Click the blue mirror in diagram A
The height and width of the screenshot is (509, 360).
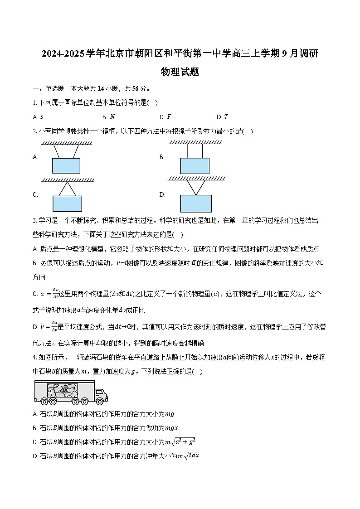[66, 165]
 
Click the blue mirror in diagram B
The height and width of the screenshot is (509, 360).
[195, 166]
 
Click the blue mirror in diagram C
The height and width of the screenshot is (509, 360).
[68, 204]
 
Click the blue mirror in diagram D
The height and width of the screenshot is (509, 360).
[196, 204]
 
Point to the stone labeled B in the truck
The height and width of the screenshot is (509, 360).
[64, 389]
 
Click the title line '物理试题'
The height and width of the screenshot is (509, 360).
[180, 72]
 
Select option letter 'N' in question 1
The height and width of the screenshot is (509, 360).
[112, 117]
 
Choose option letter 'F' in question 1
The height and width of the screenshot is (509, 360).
[169, 117]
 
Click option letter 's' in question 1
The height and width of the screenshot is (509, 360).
[42, 117]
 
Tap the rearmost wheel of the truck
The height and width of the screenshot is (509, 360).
[44, 401]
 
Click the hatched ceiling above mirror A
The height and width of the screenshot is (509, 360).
[67, 143]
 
